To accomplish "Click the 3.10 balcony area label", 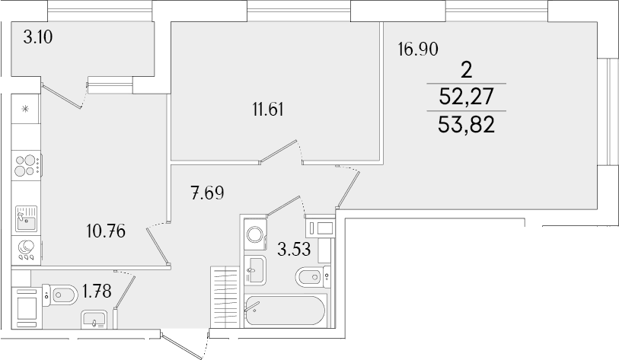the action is [x=38, y=37].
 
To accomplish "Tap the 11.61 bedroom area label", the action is [x=268, y=110].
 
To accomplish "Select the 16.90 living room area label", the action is [x=418, y=49].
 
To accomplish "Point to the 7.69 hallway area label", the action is [x=207, y=193].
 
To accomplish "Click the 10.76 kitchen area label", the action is [x=106, y=231].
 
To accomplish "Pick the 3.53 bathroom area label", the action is [x=294, y=249].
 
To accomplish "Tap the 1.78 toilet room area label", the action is [x=97, y=292].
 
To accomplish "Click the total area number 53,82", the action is [x=466, y=125].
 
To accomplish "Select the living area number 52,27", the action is [x=466, y=97].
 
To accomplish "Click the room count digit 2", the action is [x=467, y=71].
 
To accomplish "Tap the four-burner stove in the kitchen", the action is [x=27, y=166].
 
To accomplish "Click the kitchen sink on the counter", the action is [x=27, y=218].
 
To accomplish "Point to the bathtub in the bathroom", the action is [x=285, y=311].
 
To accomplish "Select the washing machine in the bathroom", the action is [x=255, y=234].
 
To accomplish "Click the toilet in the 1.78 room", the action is [x=59, y=295].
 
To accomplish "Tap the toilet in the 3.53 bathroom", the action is [x=313, y=277].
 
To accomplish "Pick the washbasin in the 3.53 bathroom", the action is [x=255, y=269].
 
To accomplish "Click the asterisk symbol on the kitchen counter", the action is [x=25, y=109].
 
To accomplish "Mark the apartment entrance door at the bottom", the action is [x=184, y=345].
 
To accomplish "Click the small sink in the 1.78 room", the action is [x=94, y=320].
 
